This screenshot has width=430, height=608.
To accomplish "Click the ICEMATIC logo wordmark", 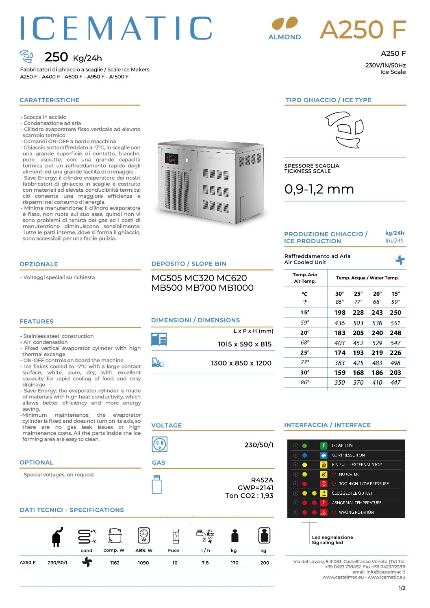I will pos(116,28).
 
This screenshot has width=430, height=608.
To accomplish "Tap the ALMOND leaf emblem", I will pos(285,24).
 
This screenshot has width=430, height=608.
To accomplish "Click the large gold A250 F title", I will pos(363,30).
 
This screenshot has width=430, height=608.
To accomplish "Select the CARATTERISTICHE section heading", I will pos(50,100).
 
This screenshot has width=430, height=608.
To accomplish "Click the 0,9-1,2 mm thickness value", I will pos(319,189).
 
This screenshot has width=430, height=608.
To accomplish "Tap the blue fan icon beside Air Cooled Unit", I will pos(400,260).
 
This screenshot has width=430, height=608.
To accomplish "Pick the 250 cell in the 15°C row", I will pos(395,313).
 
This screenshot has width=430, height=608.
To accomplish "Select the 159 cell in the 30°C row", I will pos(339,373).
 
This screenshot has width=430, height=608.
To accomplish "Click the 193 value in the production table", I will pos(358,353).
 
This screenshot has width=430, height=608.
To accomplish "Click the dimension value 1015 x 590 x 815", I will pos(244,344).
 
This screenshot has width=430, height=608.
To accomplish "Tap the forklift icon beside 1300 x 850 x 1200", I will pos(157,362).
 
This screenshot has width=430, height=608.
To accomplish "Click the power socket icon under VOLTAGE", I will pos(159,444).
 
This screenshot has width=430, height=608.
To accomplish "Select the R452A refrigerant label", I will pos(262,480).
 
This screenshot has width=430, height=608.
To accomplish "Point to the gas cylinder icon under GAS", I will pos(157,484).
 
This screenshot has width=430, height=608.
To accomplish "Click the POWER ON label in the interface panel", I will pos(342,446).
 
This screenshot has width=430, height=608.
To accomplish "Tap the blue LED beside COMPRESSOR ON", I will pos(304,455).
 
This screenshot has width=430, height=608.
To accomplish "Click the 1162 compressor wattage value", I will pos(115,563).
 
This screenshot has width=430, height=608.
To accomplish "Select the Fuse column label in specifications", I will pos(174,551).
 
